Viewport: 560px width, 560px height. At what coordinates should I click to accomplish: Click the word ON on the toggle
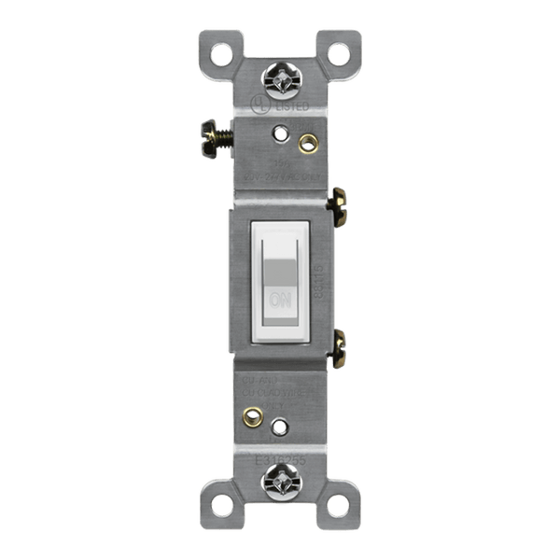(278, 301)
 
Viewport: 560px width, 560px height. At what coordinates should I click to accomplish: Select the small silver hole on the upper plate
(278, 133)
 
